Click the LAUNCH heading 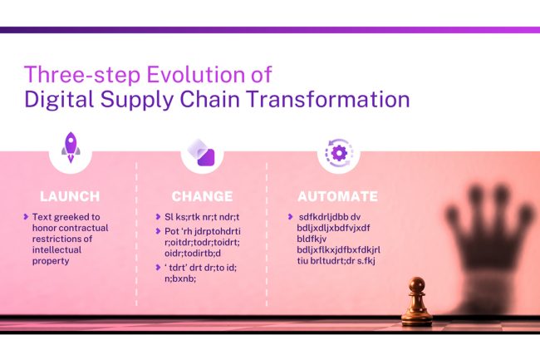(70, 197)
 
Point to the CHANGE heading (202, 197)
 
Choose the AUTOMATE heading (338, 197)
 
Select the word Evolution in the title (184, 72)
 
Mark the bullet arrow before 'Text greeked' (26, 216)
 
